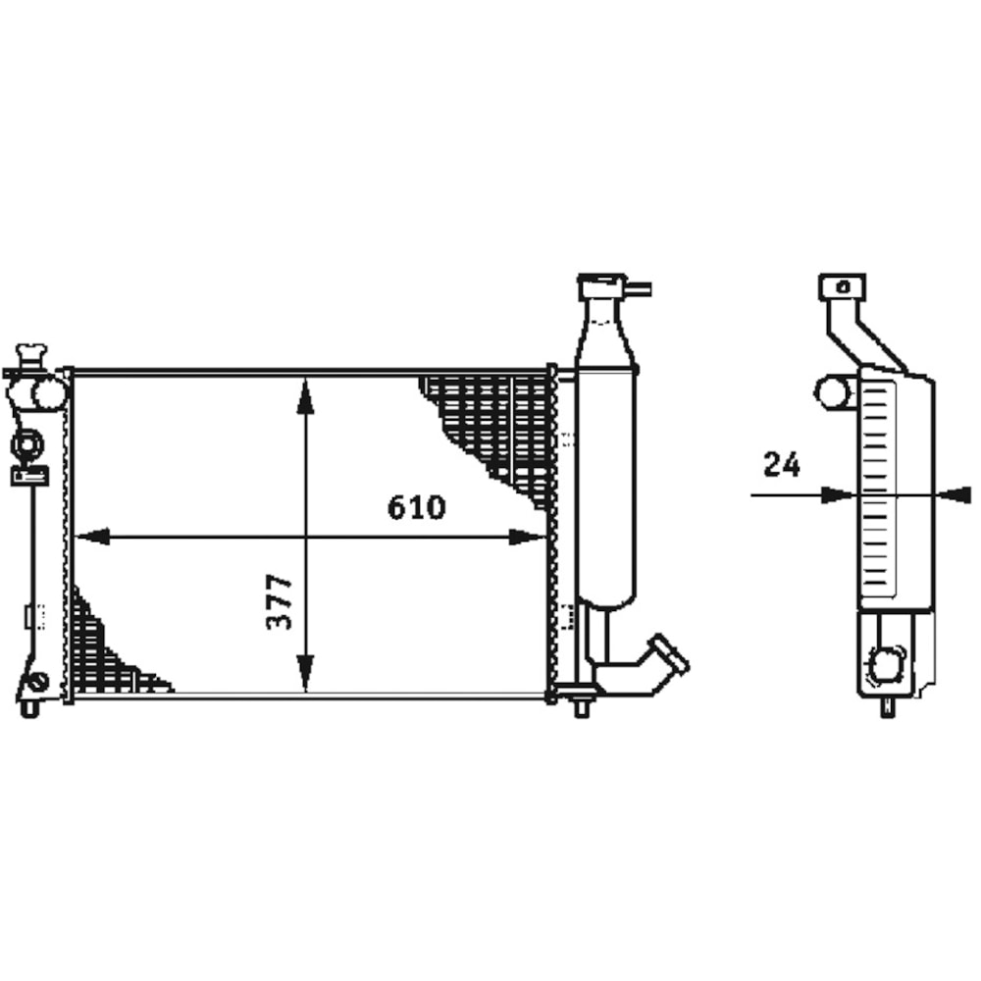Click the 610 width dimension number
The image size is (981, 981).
pos(416,507)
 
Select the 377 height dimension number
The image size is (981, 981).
pos(280,602)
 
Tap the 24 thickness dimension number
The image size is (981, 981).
pos(782,464)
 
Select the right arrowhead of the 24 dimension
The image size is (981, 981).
pos(955,495)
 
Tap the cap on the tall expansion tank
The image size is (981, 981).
pos(600,286)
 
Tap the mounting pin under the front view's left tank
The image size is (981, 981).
pos(30,706)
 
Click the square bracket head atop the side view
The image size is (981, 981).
pos(843,286)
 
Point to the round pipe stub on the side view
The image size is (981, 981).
pos(833,392)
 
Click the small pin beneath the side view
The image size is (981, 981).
pos(888,707)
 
